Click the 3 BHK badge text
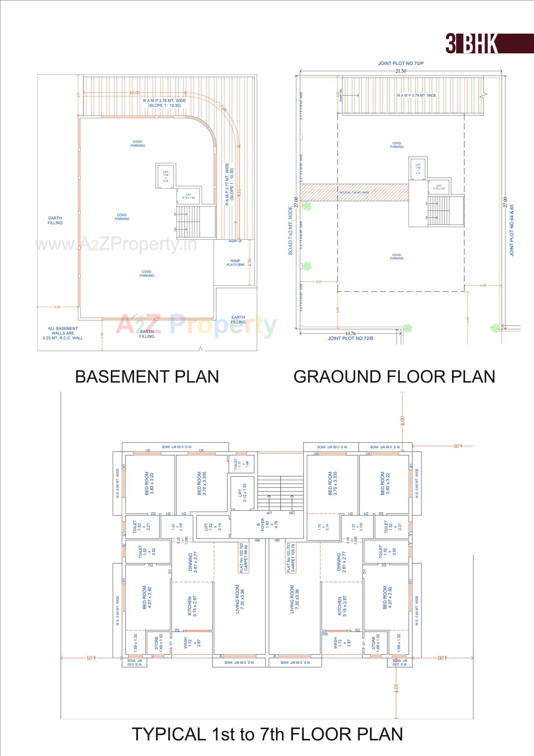pyautogui.click(x=471, y=43)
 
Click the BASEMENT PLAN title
pyautogui.click(x=147, y=377)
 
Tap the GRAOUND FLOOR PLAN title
pyautogui.click(x=394, y=377)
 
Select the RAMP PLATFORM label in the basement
pyautogui.click(x=235, y=263)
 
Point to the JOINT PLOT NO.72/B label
pyautogui.click(x=351, y=338)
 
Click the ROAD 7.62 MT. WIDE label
pyautogui.click(x=290, y=231)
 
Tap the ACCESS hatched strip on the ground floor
pyautogui.click(x=354, y=192)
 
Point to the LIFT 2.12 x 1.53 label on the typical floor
pyautogui.click(x=243, y=492)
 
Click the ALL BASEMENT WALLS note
pyautogui.click(x=63, y=333)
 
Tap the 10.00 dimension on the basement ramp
pyautogui.click(x=134, y=92)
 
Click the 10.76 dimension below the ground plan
pyautogui.click(x=350, y=334)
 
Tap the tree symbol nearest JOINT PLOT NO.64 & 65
pyautogui.click(x=495, y=328)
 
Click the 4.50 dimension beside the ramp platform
pyautogui.click(x=249, y=263)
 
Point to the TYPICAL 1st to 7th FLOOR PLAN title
pyautogui.click(x=267, y=734)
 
